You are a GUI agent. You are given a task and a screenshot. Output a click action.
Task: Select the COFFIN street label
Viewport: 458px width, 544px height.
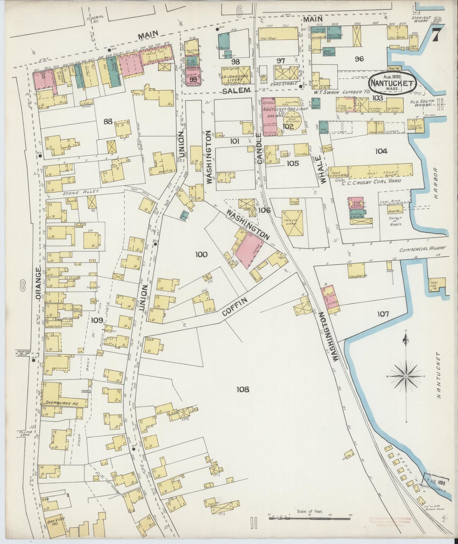235,307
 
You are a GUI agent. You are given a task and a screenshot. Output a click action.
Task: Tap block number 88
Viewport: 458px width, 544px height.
108,121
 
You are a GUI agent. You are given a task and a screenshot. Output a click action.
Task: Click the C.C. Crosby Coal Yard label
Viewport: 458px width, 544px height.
371,181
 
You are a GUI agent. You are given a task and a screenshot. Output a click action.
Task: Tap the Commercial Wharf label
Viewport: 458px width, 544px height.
423,249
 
